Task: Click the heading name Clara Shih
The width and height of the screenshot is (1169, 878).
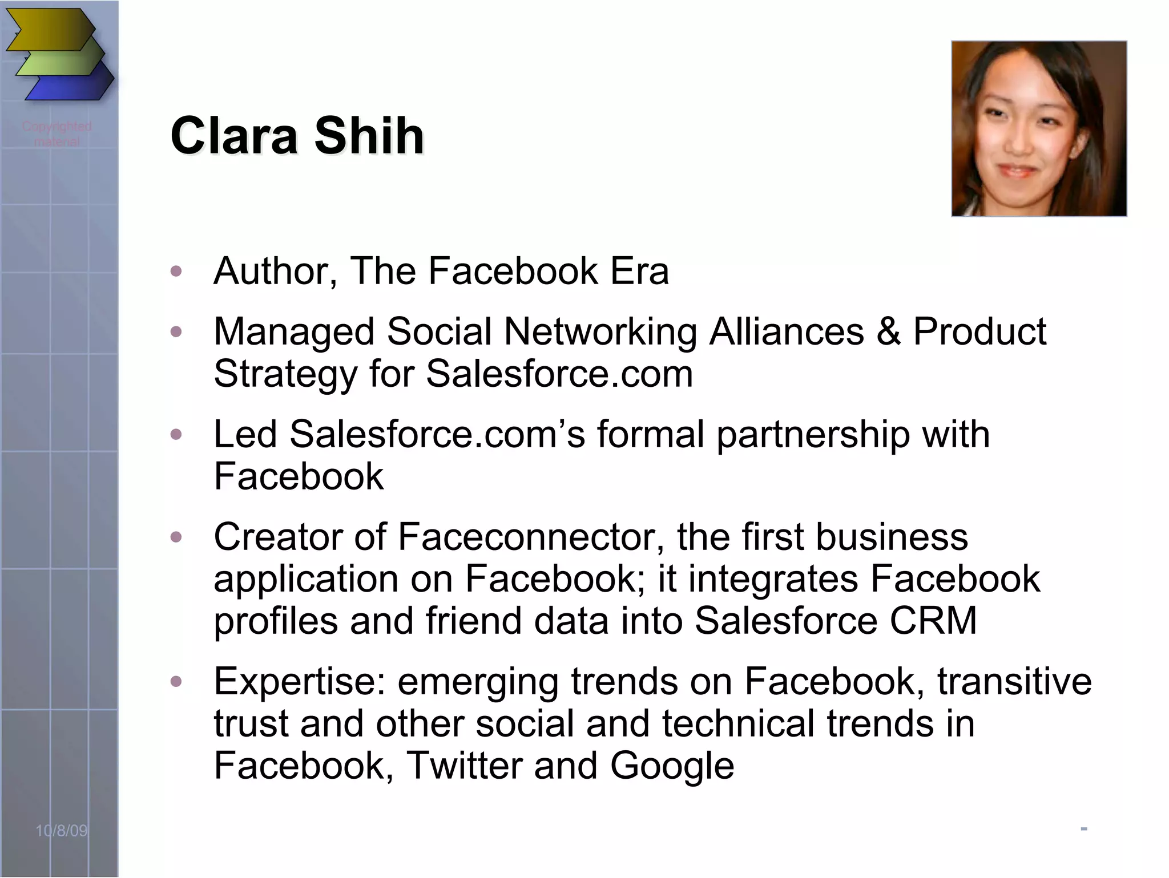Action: click(297, 136)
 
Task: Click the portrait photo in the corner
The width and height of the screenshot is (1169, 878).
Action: click(1039, 128)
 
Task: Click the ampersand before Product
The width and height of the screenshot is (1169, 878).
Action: click(888, 331)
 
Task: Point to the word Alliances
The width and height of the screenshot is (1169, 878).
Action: click(786, 331)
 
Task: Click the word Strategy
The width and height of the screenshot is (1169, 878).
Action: click(285, 375)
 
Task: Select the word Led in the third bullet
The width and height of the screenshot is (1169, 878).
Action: click(245, 435)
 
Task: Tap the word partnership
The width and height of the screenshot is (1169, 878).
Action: click(813, 435)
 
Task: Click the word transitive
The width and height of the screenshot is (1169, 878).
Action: click(1014, 682)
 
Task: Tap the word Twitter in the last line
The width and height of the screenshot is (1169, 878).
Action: click(463, 766)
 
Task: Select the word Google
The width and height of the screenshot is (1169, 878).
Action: click(672, 766)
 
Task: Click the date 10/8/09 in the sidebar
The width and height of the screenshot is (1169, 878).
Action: click(62, 831)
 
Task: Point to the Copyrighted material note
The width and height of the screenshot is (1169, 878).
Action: click(57, 133)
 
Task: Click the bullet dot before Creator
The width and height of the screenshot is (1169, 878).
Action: click(176, 537)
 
